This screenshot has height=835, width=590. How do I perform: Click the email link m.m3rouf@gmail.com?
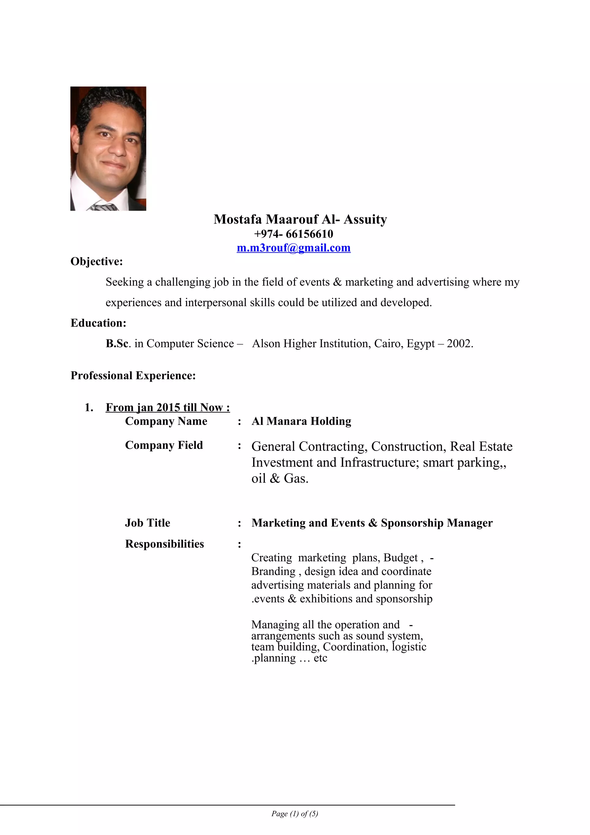point(293,248)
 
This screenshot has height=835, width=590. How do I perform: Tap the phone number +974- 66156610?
point(293,234)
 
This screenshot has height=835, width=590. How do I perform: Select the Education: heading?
point(98,323)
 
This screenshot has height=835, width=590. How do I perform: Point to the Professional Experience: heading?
point(133,375)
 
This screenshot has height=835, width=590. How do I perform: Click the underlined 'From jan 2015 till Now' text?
point(168,407)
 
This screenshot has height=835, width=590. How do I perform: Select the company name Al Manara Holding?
point(301,421)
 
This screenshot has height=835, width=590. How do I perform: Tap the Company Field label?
point(164,445)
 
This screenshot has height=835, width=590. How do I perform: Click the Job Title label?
point(147,523)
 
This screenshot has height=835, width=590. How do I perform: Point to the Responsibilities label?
point(165,544)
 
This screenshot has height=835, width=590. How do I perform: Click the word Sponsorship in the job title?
point(412,523)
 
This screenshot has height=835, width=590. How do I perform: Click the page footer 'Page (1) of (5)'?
point(294,814)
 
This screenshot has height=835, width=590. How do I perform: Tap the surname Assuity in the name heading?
point(365,220)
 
